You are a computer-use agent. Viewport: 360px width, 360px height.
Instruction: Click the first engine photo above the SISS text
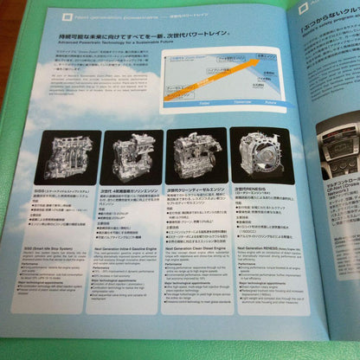64,157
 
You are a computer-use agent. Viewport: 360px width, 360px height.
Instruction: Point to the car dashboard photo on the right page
340,148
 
